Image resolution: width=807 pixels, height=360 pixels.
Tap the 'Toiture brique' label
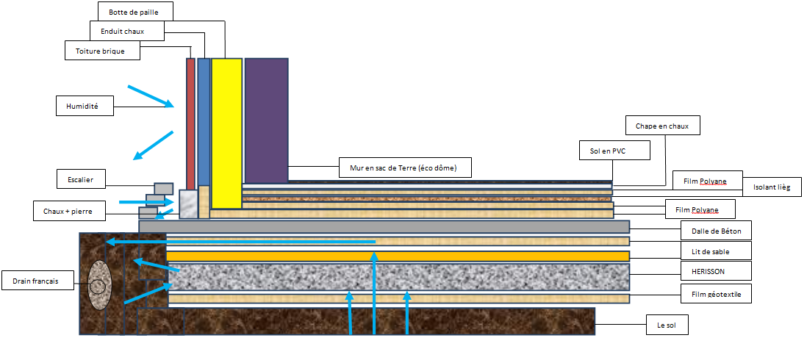[101, 51]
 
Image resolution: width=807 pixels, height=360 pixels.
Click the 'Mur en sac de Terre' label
[404, 168]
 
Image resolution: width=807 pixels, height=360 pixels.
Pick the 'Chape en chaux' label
[662, 126]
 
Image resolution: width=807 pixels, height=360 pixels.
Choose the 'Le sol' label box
[667, 324]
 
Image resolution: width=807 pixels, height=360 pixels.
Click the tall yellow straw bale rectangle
[226, 132]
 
